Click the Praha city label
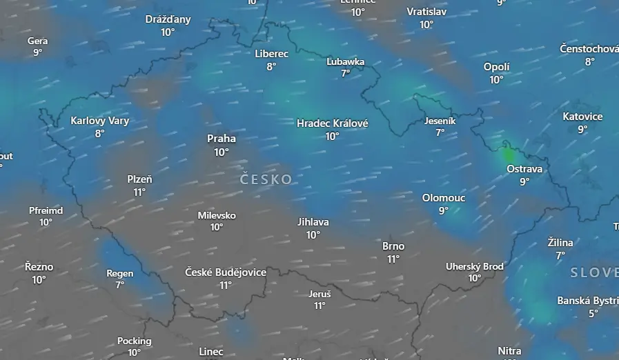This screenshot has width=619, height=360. click(221, 139)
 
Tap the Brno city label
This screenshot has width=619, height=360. click(393, 246)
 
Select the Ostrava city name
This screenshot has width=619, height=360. click(524, 169)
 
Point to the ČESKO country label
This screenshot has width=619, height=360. click(266, 179)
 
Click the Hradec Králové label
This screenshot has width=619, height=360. click(332, 123)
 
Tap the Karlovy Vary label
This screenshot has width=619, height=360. click(100, 121)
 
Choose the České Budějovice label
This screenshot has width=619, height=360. click(226, 272)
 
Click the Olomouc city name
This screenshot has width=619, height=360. click(444, 198)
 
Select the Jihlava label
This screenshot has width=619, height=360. click(313, 222)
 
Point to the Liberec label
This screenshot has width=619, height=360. click(271, 53)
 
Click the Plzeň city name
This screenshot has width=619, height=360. click(139, 179)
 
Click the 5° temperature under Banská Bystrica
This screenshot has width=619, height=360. click(593, 314)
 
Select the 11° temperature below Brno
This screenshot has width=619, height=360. click(393, 259)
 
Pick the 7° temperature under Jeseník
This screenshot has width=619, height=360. click(440, 133)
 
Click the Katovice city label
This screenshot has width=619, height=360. click(582, 117)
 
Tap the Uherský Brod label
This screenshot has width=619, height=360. click(475, 266)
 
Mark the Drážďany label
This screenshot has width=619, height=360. click(168, 19)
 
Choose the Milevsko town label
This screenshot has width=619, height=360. click(217, 215)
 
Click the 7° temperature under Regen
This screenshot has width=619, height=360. click(120, 285)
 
